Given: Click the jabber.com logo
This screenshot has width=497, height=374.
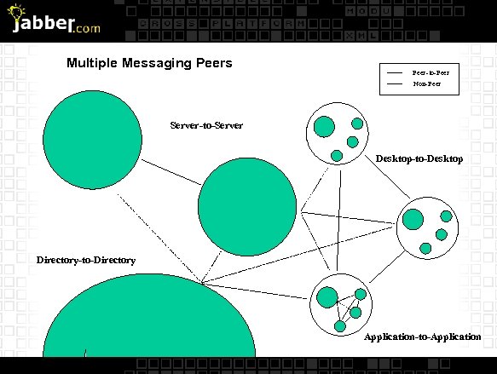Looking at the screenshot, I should click(51, 20).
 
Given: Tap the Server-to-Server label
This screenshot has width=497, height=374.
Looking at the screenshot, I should click(206, 125).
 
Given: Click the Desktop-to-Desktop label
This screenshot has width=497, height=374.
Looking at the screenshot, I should click(419, 159).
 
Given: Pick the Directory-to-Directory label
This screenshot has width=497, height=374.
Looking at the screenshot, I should click(85, 260).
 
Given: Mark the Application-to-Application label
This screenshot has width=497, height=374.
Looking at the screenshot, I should click(422, 337).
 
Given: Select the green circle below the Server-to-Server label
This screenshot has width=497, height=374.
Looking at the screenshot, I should click(247, 206).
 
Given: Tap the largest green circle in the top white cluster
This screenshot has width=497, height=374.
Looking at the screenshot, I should click(324, 127).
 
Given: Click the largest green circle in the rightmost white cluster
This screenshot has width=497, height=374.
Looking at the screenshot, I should click(413, 219).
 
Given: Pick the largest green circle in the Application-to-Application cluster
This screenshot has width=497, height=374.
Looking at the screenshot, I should click(327, 297).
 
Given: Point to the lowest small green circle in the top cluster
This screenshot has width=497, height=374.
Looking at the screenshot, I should click(337, 155).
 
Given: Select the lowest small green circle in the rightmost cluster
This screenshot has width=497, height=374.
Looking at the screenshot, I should click(425, 248).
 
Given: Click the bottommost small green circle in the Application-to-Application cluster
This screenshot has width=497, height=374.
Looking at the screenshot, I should click(340, 325).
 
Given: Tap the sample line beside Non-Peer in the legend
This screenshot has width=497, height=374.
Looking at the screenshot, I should click(395, 84).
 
